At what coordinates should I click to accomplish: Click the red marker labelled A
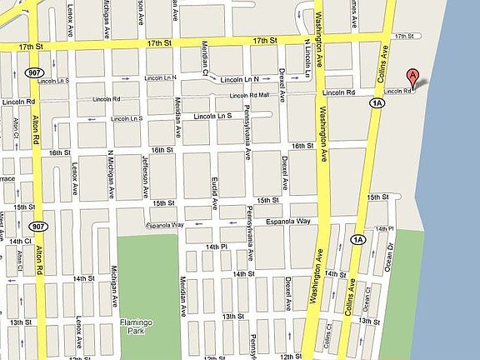pyautogui.click(x=411, y=78)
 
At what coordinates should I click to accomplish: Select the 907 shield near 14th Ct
pyautogui.click(x=37, y=226)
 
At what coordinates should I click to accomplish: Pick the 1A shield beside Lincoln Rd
pyautogui.click(x=376, y=102)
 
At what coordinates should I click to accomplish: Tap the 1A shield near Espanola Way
pyautogui.click(x=358, y=240)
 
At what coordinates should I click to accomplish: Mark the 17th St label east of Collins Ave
pyautogui.click(x=404, y=36)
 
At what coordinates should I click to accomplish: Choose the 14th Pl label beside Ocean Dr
pyautogui.click(x=384, y=227)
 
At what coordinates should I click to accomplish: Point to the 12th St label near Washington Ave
pyautogui.click(x=291, y=356)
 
